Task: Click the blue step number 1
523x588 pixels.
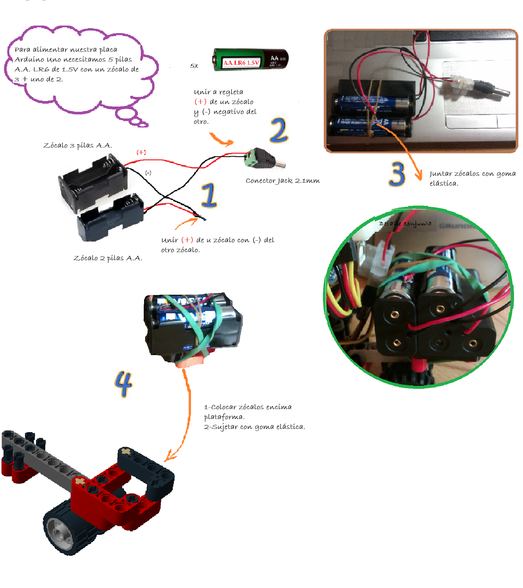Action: [209, 195]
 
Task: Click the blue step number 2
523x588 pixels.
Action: [279, 130]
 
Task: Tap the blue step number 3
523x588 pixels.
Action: [397, 174]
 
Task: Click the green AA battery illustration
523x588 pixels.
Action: [251, 60]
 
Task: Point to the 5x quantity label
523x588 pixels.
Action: [194, 66]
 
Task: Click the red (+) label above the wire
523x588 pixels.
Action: [141, 152]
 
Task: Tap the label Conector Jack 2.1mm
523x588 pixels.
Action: [283, 180]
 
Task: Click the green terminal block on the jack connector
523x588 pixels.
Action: [251, 158]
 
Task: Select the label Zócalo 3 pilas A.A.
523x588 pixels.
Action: [78, 145]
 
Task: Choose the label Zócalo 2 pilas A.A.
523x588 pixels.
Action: [108, 258]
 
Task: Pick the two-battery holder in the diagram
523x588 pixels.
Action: [110, 219]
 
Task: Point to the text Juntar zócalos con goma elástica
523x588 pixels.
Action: [472, 178]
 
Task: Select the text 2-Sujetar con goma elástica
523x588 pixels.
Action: [255, 427]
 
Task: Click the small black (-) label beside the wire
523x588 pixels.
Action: [148, 173]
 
